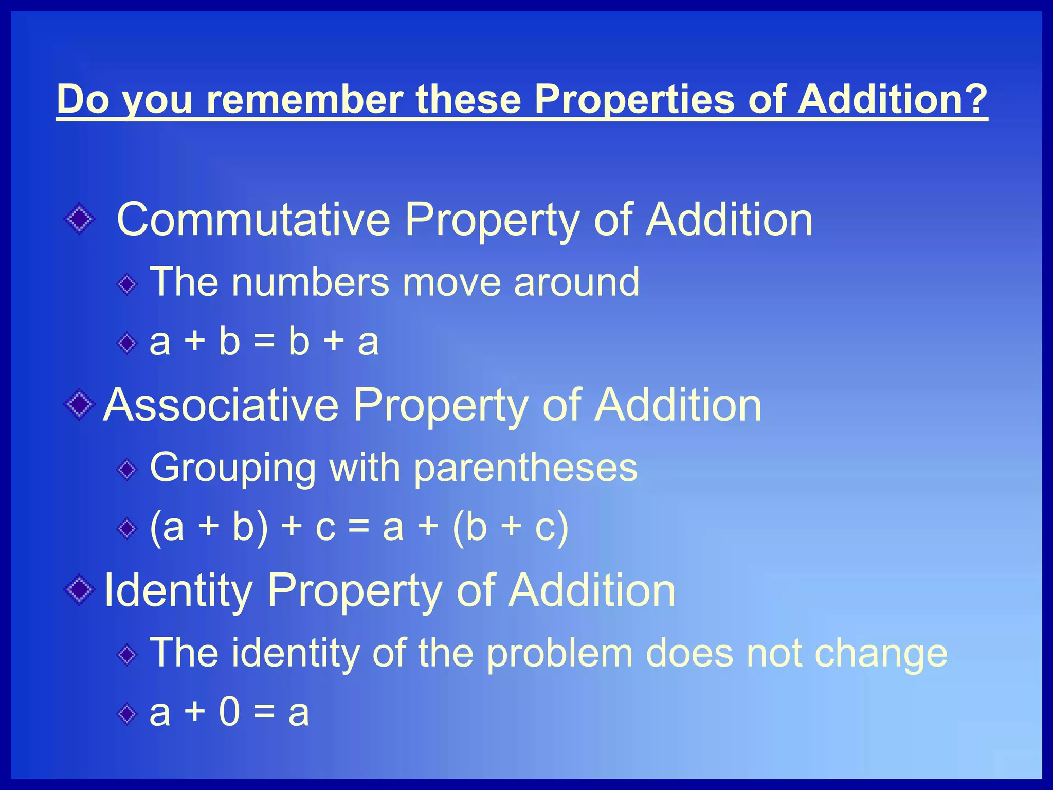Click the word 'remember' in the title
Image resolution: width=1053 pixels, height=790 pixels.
(x=304, y=99)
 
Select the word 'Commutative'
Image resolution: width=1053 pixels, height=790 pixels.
(x=253, y=220)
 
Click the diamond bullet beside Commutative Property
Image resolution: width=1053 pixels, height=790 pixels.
(x=79, y=220)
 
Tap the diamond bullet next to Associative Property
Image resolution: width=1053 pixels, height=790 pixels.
(x=79, y=405)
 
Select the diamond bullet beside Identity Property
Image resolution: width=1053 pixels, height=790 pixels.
(x=79, y=590)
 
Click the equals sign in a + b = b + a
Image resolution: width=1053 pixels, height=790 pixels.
(x=264, y=342)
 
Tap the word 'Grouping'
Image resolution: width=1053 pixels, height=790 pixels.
(x=233, y=468)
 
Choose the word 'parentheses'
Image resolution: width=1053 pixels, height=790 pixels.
(x=525, y=468)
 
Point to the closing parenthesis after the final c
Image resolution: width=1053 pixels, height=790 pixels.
(x=562, y=527)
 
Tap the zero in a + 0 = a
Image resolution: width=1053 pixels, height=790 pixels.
(x=229, y=713)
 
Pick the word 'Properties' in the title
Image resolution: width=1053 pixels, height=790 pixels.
(x=634, y=99)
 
